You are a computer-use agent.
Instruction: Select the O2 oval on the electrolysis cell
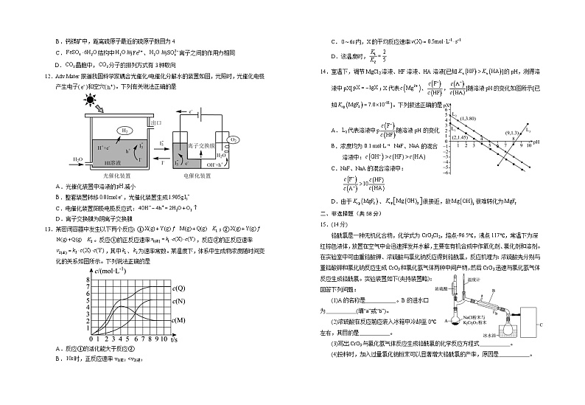pyautogui.click(x=233, y=139)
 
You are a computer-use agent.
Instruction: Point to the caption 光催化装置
pyautogui.click(x=116, y=176)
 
